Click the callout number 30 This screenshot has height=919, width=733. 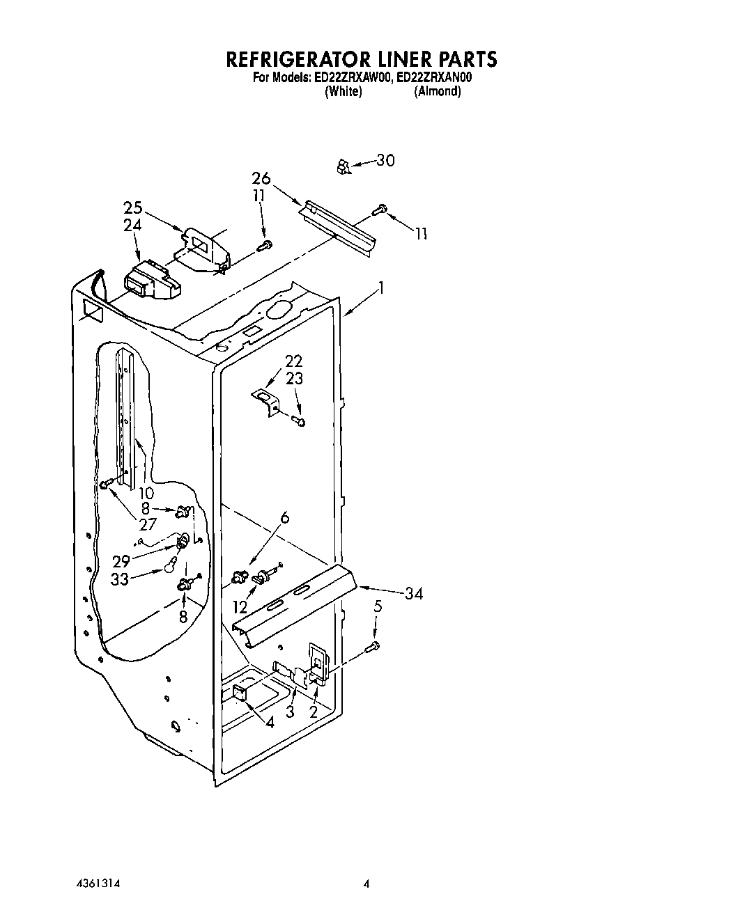(x=385, y=160)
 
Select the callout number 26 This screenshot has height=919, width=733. (x=261, y=178)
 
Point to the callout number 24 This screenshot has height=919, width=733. (x=132, y=225)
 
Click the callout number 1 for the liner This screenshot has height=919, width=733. (x=381, y=288)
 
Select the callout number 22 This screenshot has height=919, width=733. (x=294, y=361)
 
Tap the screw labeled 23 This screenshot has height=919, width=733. (x=298, y=421)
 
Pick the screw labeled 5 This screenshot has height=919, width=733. (x=371, y=647)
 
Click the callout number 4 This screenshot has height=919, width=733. (x=270, y=722)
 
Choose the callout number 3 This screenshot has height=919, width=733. (x=291, y=712)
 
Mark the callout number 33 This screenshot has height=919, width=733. (x=120, y=579)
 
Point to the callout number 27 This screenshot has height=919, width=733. (x=147, y=524)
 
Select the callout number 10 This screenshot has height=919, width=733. (x=146, y=493)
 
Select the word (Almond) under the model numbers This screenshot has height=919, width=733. (x=437, y=92)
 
